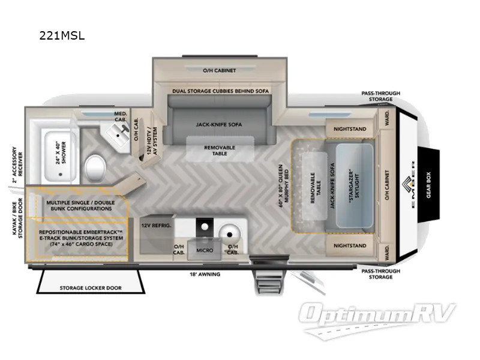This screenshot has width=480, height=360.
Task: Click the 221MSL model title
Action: tap(61, 35)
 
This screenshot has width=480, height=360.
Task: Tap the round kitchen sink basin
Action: tap(230, 231)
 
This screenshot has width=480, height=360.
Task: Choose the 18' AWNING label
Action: tap(205, 274)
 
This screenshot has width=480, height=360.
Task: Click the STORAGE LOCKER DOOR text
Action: tap(90, 288)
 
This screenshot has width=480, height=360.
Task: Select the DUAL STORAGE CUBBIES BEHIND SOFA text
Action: tap(220, 90)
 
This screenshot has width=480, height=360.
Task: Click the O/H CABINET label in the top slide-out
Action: tap(220, 70)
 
